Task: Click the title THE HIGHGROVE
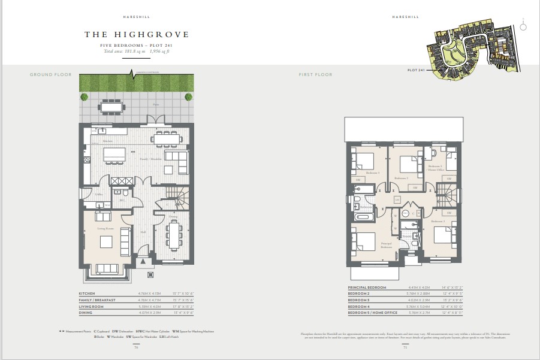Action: pos(136,35)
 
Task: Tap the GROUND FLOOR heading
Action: pos(50,75)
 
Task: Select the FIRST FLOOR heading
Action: pos(315,75)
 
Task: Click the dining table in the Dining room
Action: pos(175,235)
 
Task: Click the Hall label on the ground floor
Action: pos(143,232)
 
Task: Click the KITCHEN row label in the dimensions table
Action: pos(88,294)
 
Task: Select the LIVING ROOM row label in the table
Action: pos(92,305)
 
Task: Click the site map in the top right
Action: pos(471,52)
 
